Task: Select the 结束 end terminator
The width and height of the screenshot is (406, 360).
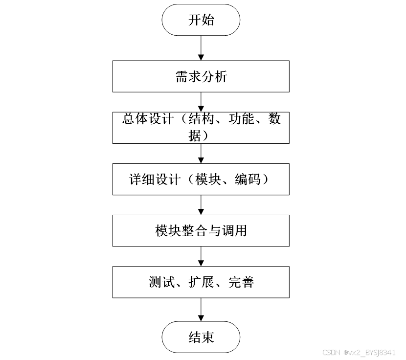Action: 201,337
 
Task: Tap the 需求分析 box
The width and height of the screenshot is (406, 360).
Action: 201,76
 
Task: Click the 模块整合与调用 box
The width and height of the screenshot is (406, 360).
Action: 201,230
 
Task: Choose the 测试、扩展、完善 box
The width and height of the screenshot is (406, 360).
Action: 201,282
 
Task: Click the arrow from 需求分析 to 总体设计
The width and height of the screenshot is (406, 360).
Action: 201,102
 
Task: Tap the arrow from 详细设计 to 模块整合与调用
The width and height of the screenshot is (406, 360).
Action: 201,204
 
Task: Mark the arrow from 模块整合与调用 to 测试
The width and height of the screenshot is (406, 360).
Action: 201,256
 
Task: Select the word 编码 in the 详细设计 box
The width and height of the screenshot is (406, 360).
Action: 248,180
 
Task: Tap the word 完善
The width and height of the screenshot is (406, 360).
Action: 241,282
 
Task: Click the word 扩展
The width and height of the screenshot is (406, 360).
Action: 201,282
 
